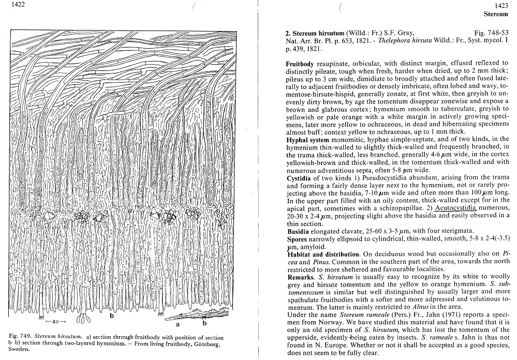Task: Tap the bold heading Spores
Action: [x=297, y=239]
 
